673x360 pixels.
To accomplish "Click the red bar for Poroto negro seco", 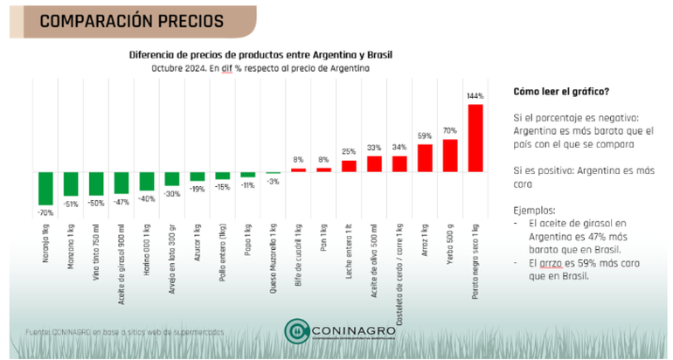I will (x=475, y=137).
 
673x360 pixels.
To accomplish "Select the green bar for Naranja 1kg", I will (x=45, y=188).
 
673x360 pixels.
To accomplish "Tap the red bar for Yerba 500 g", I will (x=450, y=155).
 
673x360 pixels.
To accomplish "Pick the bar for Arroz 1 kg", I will (x=425, y=157).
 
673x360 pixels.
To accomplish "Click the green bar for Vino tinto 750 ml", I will (x=95, y=183).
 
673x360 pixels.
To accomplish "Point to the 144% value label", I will (x=475, y=95).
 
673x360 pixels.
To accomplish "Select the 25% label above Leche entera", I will (x=349, y=151).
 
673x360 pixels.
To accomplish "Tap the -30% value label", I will (x=171, y=193).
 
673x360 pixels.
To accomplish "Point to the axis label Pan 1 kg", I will (x=323, y=236).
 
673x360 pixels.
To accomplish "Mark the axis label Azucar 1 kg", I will (x=198, y=240).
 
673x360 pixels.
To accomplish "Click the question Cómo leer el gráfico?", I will (x=561, y=92).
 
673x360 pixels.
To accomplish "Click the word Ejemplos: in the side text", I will (x=535, y=211).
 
